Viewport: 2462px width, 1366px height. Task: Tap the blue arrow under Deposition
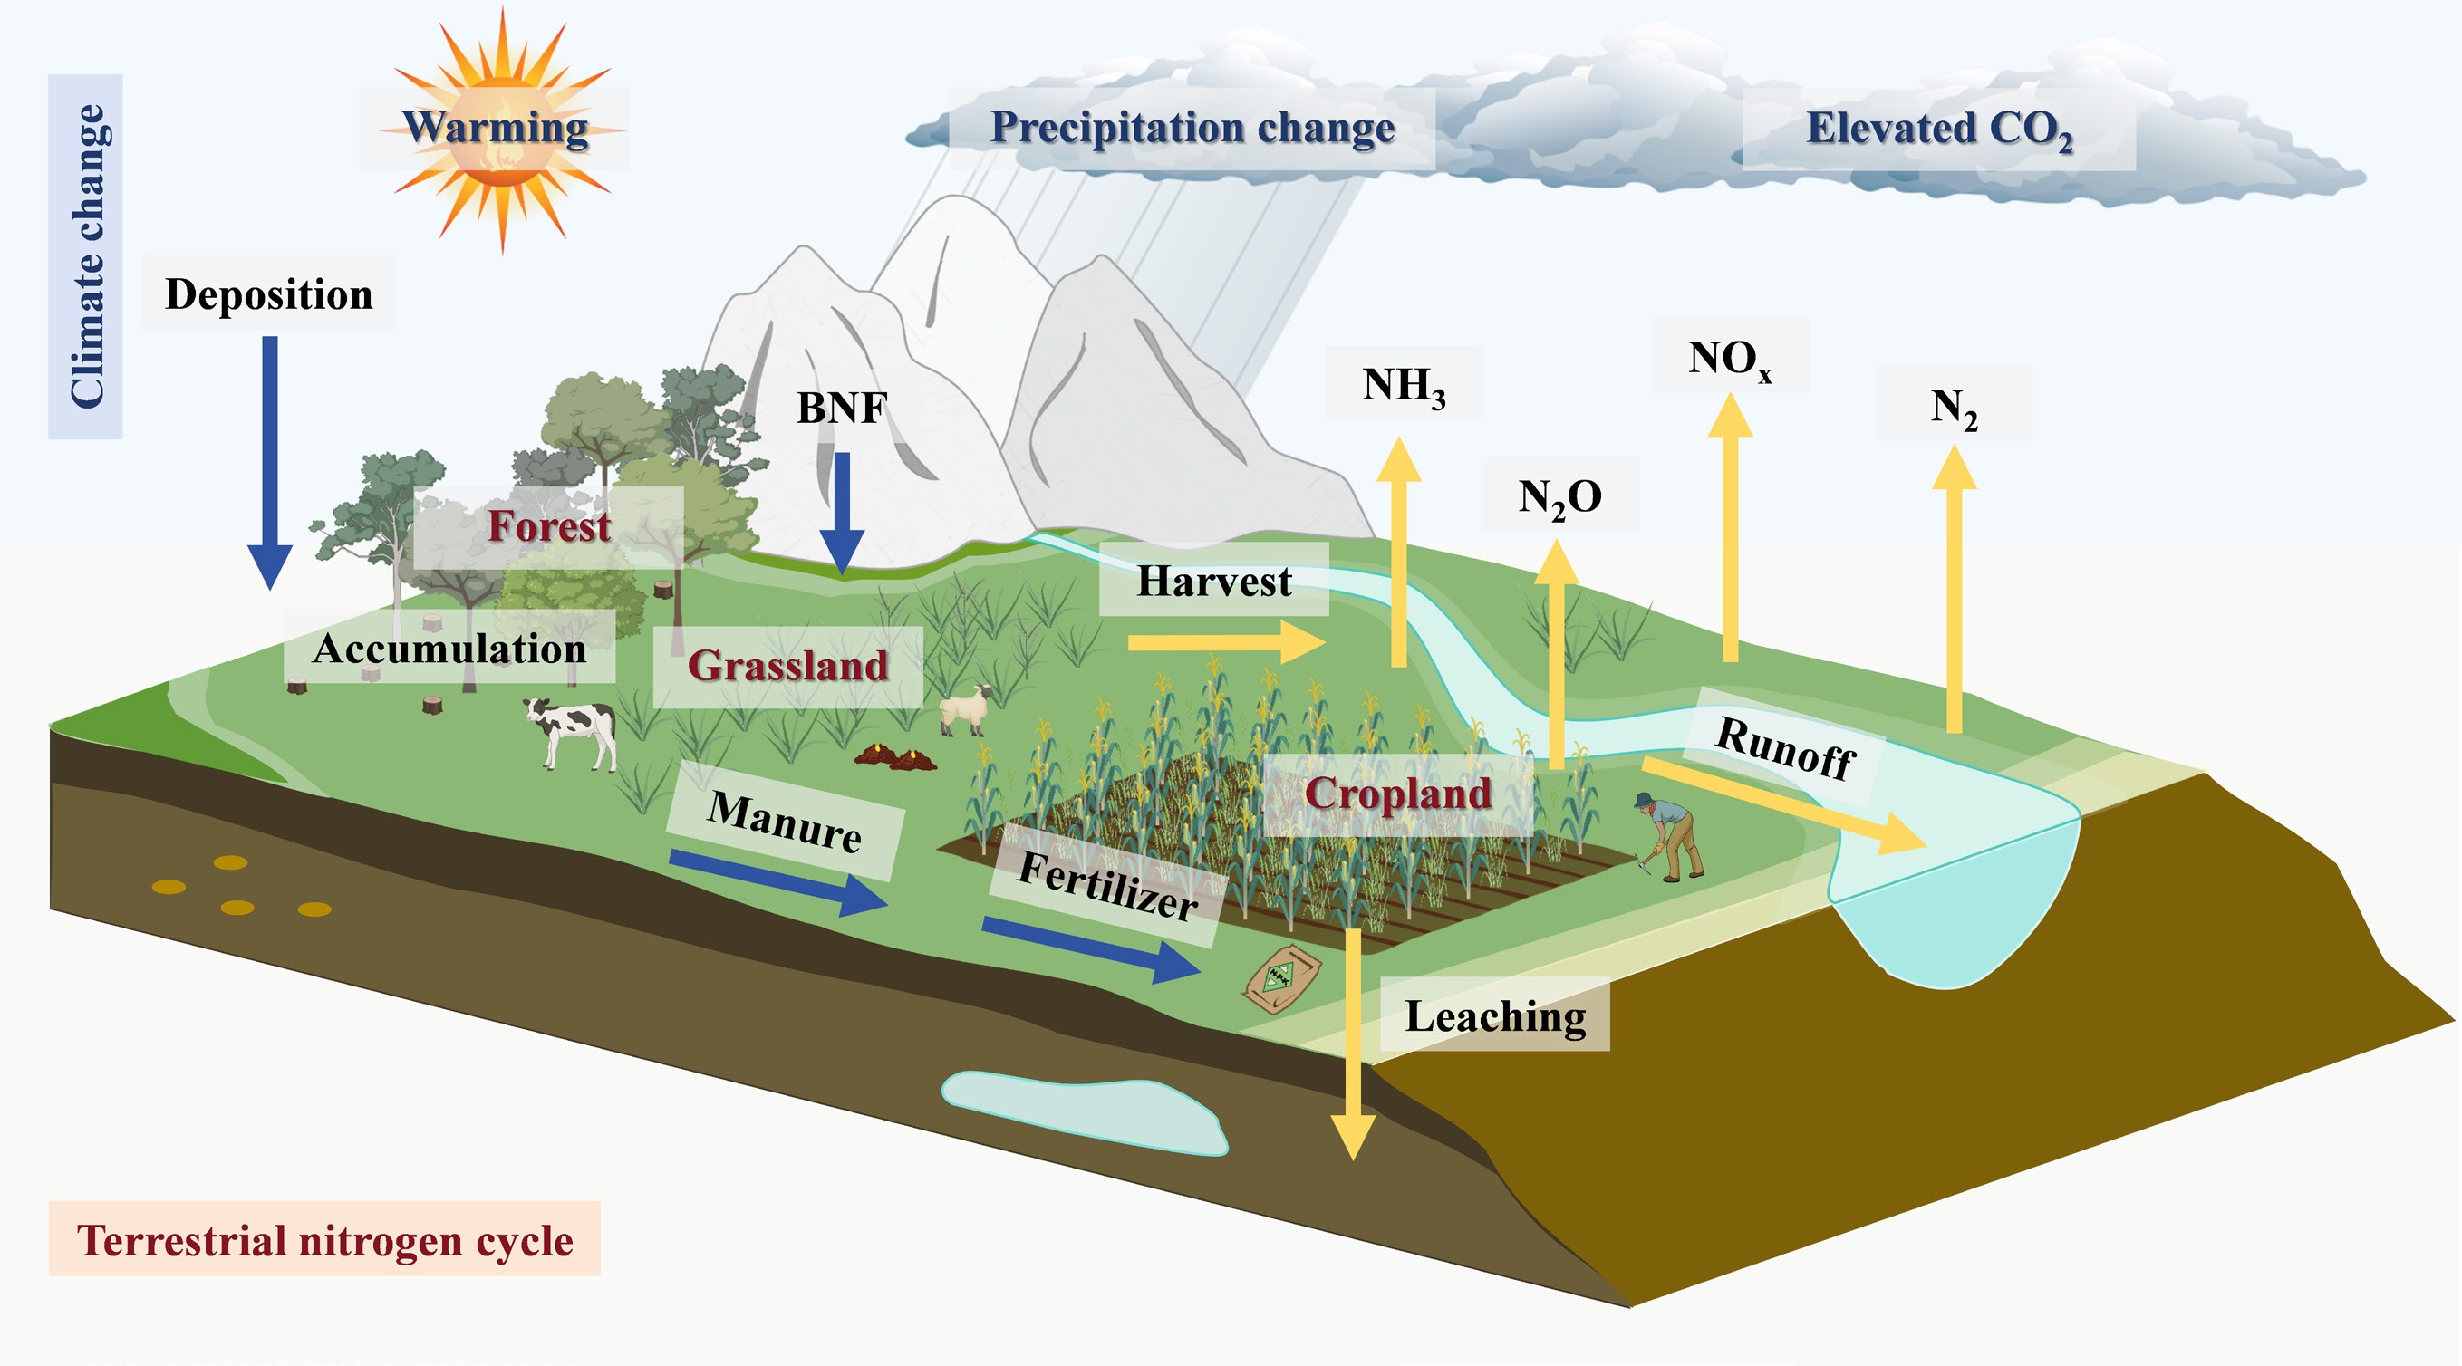pyautogui.click(x=270, y=458)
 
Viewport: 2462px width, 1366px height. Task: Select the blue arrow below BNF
pyautogui.click(x=842, y=511)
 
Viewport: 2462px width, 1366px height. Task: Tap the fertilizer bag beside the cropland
pyautogui.click(x=1281, y=979)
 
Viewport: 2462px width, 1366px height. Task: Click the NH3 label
pyautogui.click(x=1403, y=385)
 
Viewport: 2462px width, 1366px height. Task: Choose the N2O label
pyautogui.click(x=1559, y=496)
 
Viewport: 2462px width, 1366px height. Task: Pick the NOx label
pyautogui.click(x=1730, y=358)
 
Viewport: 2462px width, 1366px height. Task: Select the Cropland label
pyautogui.click(x=1397, y=794)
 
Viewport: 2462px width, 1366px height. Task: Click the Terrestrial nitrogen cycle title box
pyautogui.click(x=325, y=1240)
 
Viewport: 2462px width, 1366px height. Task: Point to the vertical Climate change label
pyautogui.click(x=86, y=256)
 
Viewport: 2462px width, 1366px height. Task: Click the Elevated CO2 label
pyautogui.click(x=1938, y=129)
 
